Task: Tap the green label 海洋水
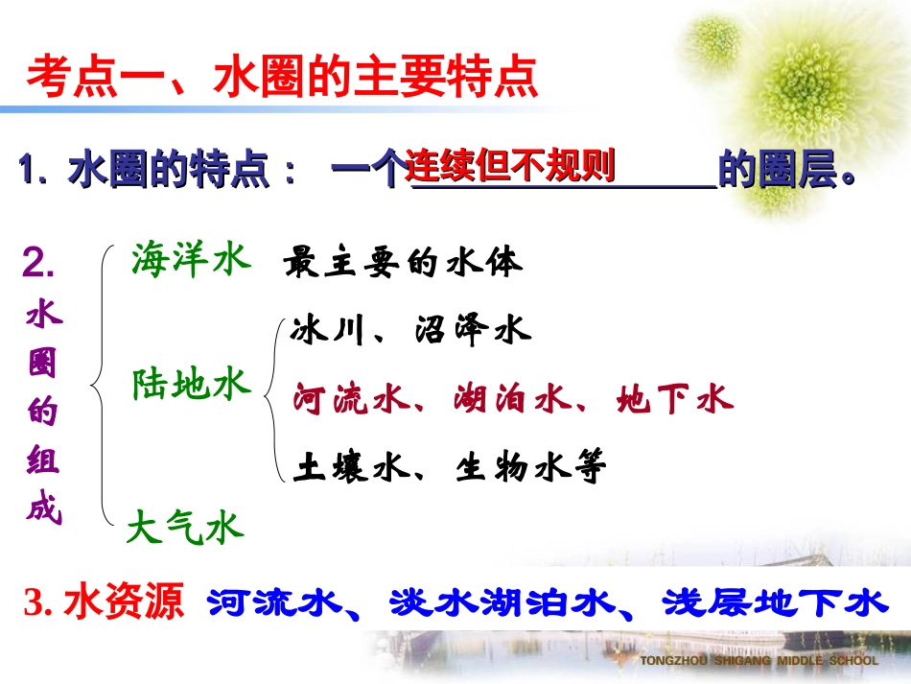click(x=191, y=260)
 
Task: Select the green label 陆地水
click(x=191, y=385)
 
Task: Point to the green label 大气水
click(x=185, y=527)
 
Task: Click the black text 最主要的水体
click(x=404, y=263)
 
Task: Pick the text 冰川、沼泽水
click(x=410, y=331)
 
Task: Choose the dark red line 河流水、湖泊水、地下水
click(x=512, y=398)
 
